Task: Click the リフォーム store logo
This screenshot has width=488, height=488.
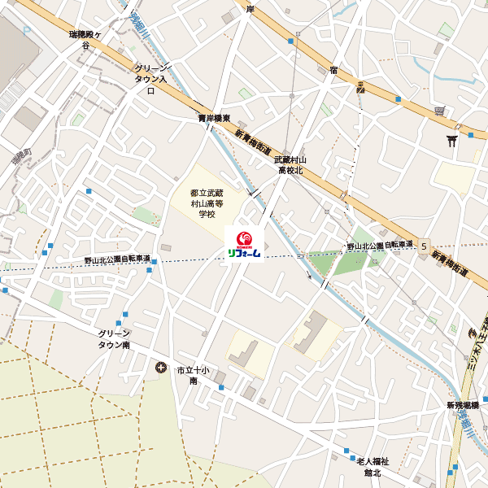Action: click(243, 245)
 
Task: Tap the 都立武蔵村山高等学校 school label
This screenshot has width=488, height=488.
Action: click(206, 203)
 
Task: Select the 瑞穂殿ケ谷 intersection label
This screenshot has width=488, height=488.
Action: click(85, 41)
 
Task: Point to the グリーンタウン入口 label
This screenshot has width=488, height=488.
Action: click(150, 80)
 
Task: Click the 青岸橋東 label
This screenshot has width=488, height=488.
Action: click(214, 119)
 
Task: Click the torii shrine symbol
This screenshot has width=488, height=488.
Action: click(452, 141)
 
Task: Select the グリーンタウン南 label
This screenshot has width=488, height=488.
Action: click(114, 339)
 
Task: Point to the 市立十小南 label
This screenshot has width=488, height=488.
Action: click(194, 375)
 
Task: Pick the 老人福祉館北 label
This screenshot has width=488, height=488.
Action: click(373, 466)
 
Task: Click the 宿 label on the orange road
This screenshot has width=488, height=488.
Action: click(333, 71)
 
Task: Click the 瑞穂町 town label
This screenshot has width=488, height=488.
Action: click(17, 155)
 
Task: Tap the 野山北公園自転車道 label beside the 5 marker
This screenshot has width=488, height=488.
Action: click(380, 245)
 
